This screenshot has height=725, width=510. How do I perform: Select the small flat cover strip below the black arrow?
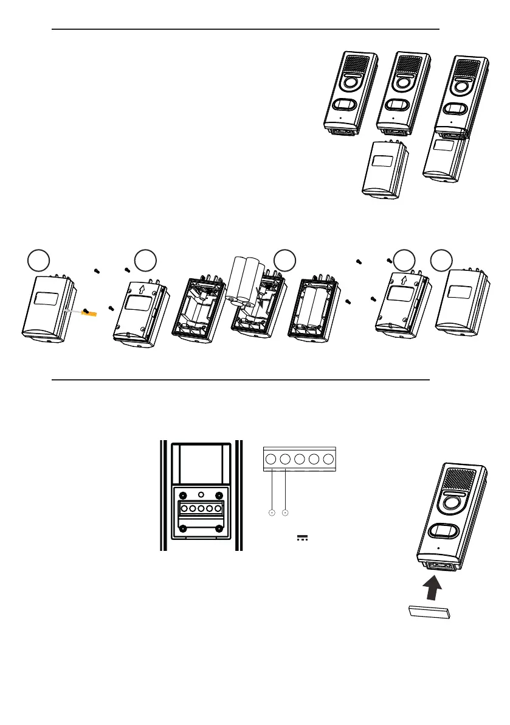(x=428, y=612)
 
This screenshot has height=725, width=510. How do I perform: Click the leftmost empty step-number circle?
(x=38, y=261)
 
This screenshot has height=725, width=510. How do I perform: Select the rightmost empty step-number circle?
(x=441, y=261)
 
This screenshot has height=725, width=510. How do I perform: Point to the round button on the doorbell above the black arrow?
(x=450, y=503)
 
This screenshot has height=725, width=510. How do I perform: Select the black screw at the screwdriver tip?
(x=87, y=311)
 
